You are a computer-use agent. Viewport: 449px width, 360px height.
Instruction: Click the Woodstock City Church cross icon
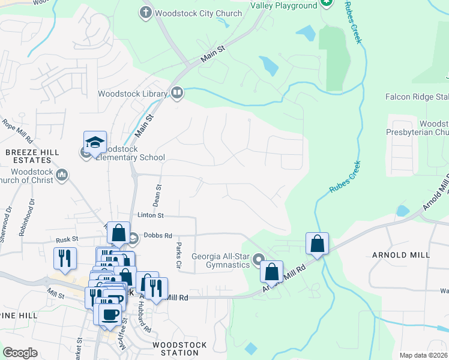145,12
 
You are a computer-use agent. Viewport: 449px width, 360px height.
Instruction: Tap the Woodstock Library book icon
177,92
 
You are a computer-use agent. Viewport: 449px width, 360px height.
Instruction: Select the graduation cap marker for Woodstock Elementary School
95,143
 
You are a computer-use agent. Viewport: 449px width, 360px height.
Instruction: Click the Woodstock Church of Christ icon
62,175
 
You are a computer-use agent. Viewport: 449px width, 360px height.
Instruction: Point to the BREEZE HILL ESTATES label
32,157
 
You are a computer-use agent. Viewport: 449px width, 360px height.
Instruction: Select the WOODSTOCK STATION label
180,349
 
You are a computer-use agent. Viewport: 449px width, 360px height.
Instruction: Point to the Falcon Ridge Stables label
417,97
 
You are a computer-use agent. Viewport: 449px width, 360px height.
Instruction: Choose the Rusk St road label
67,239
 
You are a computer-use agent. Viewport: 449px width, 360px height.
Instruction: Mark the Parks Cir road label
178,255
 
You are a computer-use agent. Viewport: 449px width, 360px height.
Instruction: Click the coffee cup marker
110,314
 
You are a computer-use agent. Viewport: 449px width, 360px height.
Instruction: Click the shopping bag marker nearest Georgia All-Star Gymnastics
272,271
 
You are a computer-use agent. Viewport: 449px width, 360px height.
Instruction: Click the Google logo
20,353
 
